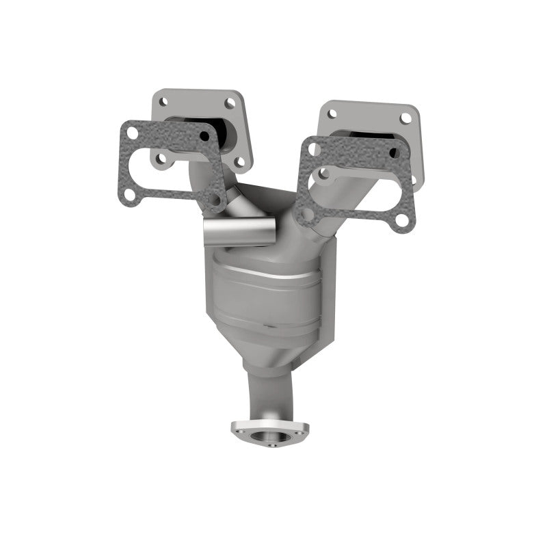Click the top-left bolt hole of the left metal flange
pyautogui.click(x=163, y=101)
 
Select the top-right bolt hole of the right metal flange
pyautogui.click(x=405, y=118)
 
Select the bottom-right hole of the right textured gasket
pyautogui.click(x=402, y=219)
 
